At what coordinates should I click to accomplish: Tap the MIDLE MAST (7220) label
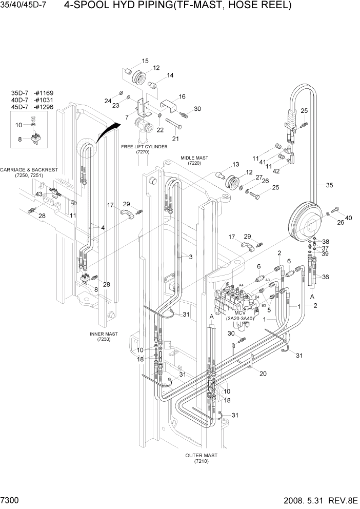pos(194,160)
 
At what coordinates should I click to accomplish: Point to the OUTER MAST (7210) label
pos(202,458)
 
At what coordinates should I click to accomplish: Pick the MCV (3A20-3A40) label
pos(241,316)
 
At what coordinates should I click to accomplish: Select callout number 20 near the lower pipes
pos(263,374)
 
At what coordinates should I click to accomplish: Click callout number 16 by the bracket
pos(182,96)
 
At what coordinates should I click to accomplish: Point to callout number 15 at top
pos(145,61)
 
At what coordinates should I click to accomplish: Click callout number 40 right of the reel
pos(349,218)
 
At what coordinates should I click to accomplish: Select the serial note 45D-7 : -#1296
pos(32,107)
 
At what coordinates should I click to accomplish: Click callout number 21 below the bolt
pos(175,139)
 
